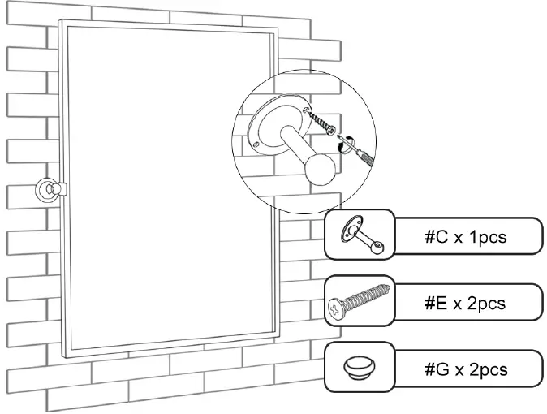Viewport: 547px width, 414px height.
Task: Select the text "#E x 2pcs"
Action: (465, 304)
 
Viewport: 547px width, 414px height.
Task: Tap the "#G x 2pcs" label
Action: (466, 369)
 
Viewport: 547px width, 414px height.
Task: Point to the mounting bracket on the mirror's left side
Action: (47, 191)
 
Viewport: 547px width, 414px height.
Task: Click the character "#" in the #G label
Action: (430, 369)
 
